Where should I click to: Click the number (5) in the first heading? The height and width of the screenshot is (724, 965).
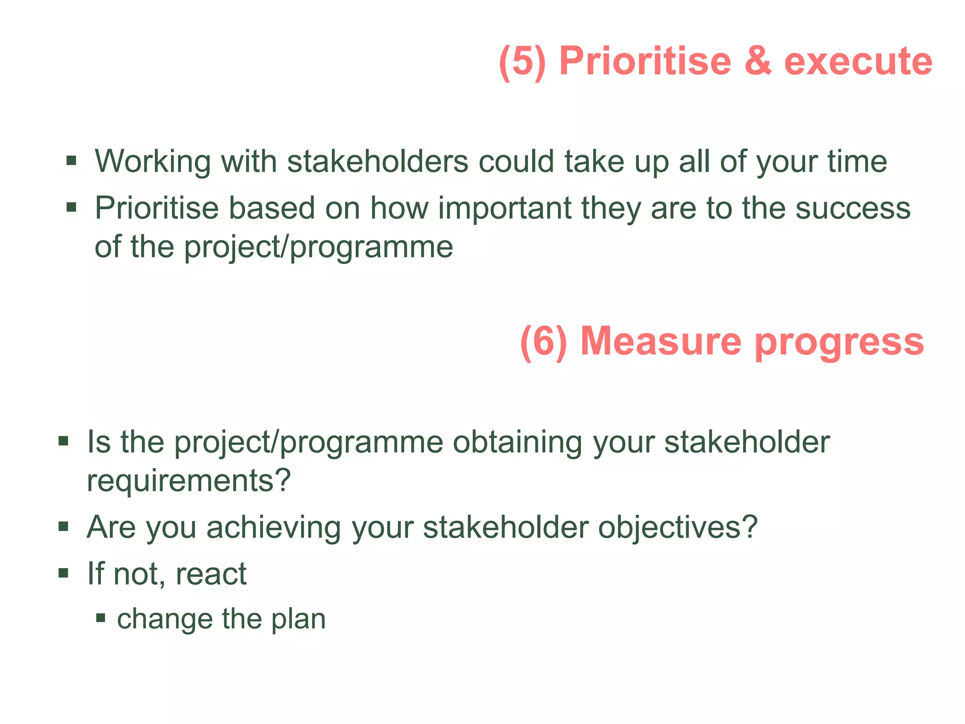coord(522,61)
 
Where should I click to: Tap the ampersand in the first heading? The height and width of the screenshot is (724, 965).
coord(758,61)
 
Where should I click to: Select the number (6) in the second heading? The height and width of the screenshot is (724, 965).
coord(543,341)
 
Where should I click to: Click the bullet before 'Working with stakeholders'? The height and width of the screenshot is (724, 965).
coord(71,161)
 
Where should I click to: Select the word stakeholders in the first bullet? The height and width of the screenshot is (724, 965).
coord(377,161)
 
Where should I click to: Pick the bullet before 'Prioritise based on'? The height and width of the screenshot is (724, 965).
coord(71,207)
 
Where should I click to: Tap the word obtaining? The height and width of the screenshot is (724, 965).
coord(517,442)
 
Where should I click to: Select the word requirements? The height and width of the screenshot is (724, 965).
coord(189,481)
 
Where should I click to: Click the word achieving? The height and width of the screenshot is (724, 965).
coord(274,527)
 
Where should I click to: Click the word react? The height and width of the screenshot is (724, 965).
coord(211,574)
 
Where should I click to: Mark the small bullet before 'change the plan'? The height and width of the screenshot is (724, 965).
coord(100,618)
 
